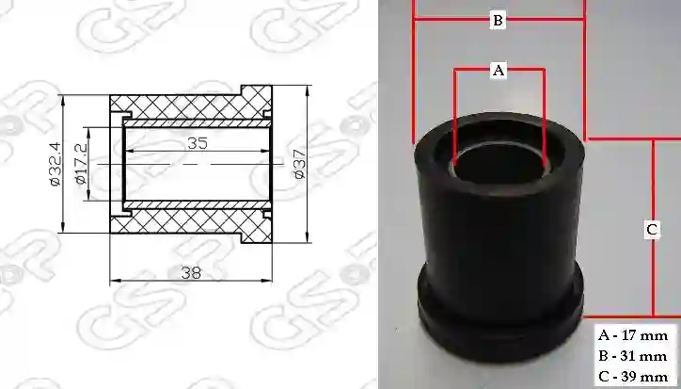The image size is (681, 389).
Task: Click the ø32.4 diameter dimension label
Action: (x=55, y=164)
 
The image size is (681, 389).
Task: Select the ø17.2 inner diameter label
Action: (x=81, y=164)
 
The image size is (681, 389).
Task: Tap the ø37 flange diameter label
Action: (x=300, y=164)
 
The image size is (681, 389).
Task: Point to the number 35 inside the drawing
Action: (x=198, y=143)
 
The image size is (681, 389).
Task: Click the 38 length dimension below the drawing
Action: (x=191, y=273)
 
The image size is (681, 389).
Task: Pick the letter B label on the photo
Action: (x=498, y=20)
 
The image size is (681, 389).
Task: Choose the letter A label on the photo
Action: (x=499, y=70)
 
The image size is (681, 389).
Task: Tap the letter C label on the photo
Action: (x=652, y=229)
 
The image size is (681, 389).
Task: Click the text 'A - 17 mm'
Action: (x=633, y=335)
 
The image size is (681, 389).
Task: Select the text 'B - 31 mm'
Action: (x=633, y=356)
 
